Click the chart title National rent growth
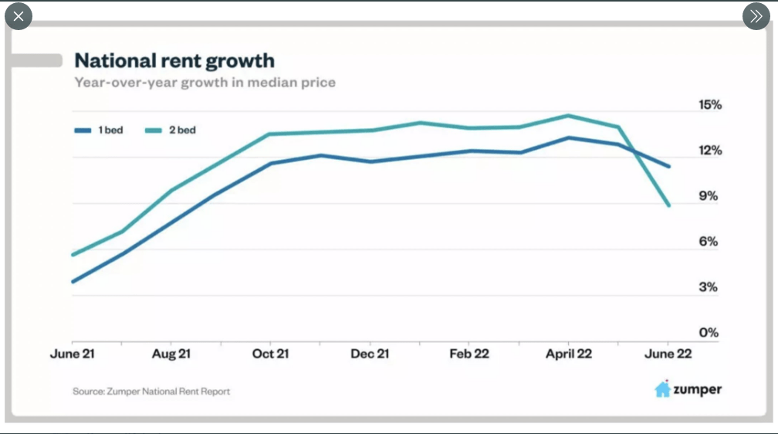[174, 60]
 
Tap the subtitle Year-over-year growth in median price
[205, 82]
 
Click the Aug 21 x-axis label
[171, 354]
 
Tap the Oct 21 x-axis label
[270, 354]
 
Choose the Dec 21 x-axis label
[370, 354]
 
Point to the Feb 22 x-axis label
[470, 354]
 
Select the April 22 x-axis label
[568, 354]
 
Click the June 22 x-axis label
[668, 354]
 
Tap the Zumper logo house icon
[662, 389]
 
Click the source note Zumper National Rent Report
[151, 392]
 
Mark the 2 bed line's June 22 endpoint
[668, 205]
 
